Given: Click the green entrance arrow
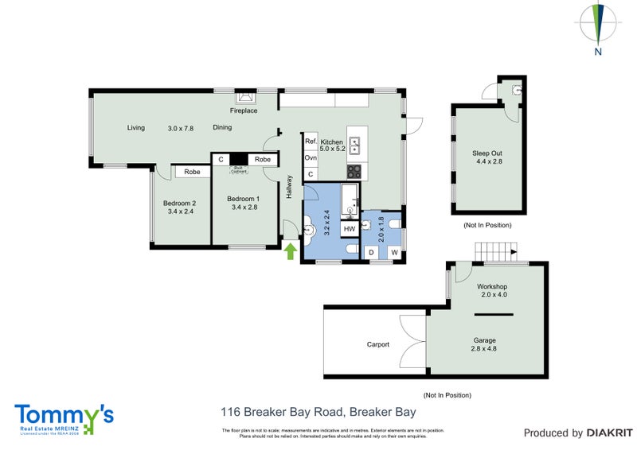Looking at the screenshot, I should tap(291, 252).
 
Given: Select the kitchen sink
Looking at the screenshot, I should tap(355, 145).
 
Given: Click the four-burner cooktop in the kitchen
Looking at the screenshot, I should tap(354, 170).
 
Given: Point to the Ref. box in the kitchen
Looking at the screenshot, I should tap(311, 142).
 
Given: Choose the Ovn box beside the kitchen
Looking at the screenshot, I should tap(311, 157).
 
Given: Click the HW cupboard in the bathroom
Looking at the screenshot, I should tap(349, 229).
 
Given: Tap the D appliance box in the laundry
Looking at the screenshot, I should tap(370, 253).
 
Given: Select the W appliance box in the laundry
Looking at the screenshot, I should tap(393, 253).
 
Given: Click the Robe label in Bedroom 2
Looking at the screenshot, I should tap(192, 172).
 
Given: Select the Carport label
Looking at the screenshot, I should tap(378, 344).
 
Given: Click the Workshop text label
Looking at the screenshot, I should tap(492, 286).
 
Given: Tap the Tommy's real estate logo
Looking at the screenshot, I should tap(64, 418).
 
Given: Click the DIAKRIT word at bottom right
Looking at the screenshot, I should tap(609, 433).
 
